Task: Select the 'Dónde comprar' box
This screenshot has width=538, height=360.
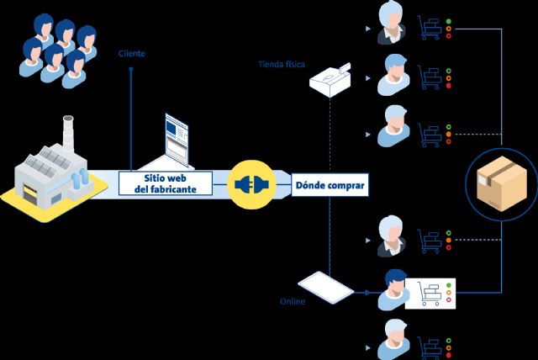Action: point(330,183)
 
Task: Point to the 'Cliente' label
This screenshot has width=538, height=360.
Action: point(132,54)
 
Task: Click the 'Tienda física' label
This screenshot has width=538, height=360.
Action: point(281,64)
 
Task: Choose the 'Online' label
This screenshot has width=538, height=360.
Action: point(292,301)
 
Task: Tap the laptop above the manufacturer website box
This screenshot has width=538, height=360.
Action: point(177,139)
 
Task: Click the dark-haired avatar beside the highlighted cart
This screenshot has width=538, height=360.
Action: point(392,288)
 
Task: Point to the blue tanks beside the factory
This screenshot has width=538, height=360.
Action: point(80,177)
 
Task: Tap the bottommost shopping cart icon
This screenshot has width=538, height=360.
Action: point(430,346)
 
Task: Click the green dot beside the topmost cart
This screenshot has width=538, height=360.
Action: point(449,21)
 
